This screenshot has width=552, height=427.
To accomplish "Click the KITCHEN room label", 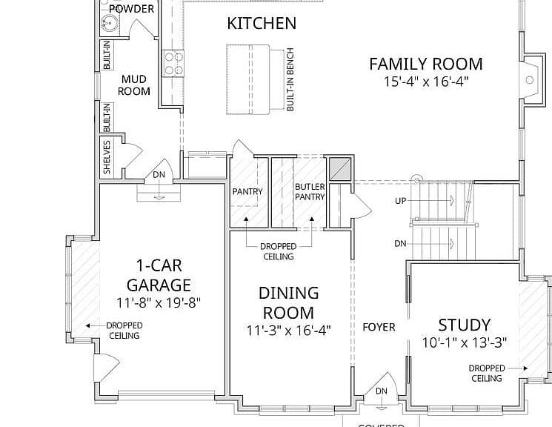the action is (x=262, y=23).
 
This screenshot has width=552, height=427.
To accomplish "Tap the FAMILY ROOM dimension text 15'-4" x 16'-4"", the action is (x=426, y=82).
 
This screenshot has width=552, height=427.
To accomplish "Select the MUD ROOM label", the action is (x=134, y=85).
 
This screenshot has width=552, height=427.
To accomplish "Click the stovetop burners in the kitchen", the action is (x=173, y=63).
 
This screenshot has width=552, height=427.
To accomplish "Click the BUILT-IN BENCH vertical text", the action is (x=290, y=79).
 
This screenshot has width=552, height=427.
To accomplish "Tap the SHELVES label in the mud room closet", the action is (x=107, y=157).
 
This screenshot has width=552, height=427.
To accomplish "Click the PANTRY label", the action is (x=247, y=192).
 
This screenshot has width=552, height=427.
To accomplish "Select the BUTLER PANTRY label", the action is (x=310, y=192).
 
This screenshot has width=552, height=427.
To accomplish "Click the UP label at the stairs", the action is (x=401, y=201).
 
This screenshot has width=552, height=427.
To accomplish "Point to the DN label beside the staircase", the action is (x=400, y=243).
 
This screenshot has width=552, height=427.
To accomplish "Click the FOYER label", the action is (x=379, y=328).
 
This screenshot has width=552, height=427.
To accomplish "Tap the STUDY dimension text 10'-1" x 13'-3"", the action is (x=464, y=342).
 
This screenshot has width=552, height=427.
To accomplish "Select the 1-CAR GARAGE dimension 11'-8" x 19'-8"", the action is (x=159, y=302).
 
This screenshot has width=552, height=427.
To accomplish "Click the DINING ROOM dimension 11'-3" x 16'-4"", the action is (x=288, y=331).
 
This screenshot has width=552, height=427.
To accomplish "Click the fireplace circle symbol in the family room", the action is (x=530, y=80).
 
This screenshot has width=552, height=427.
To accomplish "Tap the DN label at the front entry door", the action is (x=382, y=391).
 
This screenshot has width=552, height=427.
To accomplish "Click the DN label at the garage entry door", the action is (x=159, y=175).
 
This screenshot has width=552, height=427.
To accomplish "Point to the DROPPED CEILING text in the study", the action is (x=487, y=373).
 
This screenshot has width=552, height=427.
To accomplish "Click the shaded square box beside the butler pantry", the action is (x=339, y=170).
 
